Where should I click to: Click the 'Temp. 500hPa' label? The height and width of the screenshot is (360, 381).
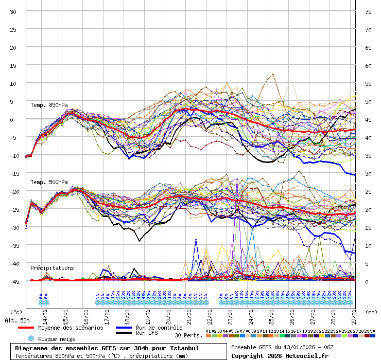49,182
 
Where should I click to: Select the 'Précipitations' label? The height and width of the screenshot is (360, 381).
52,268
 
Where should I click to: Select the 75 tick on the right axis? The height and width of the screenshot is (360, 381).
368,11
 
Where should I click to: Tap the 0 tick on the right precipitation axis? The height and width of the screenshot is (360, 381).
367,281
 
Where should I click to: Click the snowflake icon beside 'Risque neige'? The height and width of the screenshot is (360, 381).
31,338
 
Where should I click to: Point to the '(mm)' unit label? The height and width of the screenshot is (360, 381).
371,312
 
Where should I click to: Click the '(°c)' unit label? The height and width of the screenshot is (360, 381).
16,312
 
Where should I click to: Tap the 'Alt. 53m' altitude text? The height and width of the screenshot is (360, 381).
17,320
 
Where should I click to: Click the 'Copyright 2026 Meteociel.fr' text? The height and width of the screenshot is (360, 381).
280,355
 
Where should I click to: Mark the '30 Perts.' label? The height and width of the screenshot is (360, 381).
188,335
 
